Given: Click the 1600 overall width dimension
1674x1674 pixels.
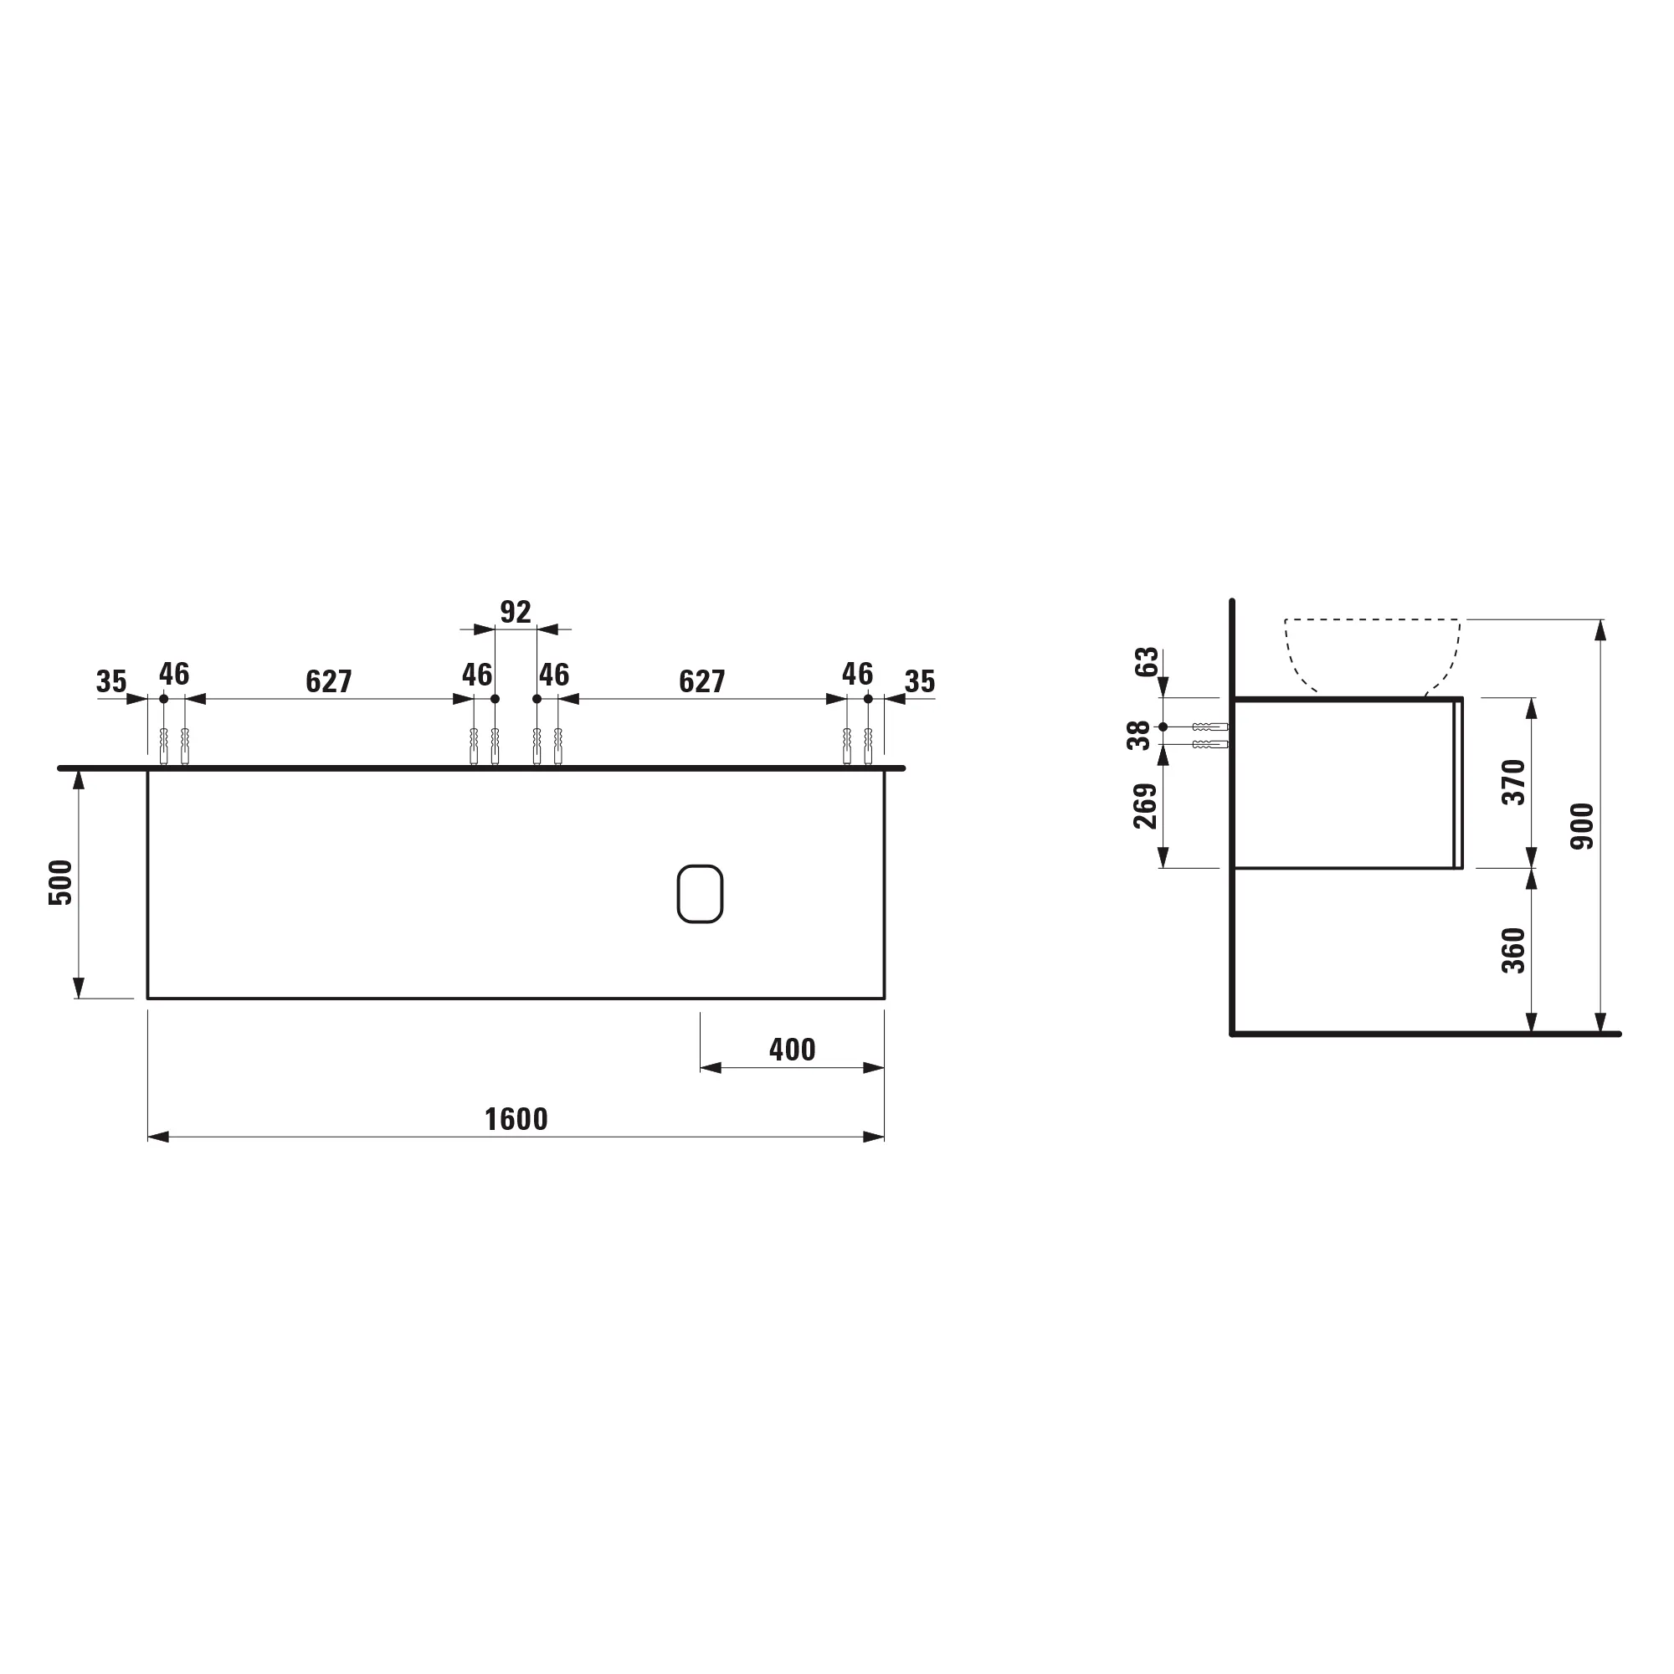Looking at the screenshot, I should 516,1119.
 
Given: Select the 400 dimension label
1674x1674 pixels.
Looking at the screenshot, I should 792,1050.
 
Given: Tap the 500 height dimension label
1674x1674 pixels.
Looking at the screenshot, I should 60,883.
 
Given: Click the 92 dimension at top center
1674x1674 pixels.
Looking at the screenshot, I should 516,613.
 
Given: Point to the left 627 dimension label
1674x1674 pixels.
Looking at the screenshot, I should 328,682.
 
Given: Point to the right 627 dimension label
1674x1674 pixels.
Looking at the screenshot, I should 702,682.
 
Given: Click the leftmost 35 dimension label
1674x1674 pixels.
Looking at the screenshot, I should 111,682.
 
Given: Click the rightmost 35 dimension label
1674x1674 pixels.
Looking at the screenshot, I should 919,682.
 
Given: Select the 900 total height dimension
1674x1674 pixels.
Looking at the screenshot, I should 1581,826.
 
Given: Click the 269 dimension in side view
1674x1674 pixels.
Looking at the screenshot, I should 1146,806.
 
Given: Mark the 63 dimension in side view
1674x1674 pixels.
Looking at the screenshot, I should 1147,662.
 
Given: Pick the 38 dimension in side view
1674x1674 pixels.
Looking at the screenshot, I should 1138,736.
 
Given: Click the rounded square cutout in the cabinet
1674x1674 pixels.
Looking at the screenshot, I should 700,893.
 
